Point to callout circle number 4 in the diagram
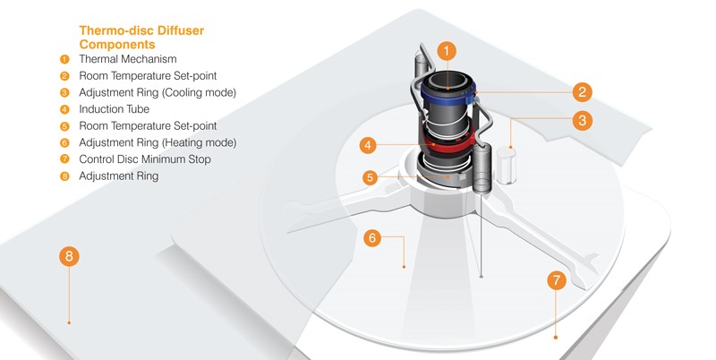pyautogui.click(x=369, y=144)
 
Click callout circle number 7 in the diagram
pyautogui.click(x=557, y=280)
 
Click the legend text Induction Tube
pyautogui.click(x=115, y=109)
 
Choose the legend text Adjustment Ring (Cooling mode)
pyautogui.click(x=157, y=92)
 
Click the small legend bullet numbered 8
pyautogui.click(x=64, y=176)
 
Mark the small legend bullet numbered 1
pyautogui.click(x=64, y=59)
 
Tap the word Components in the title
pyautogui.click(x=117, y=44)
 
